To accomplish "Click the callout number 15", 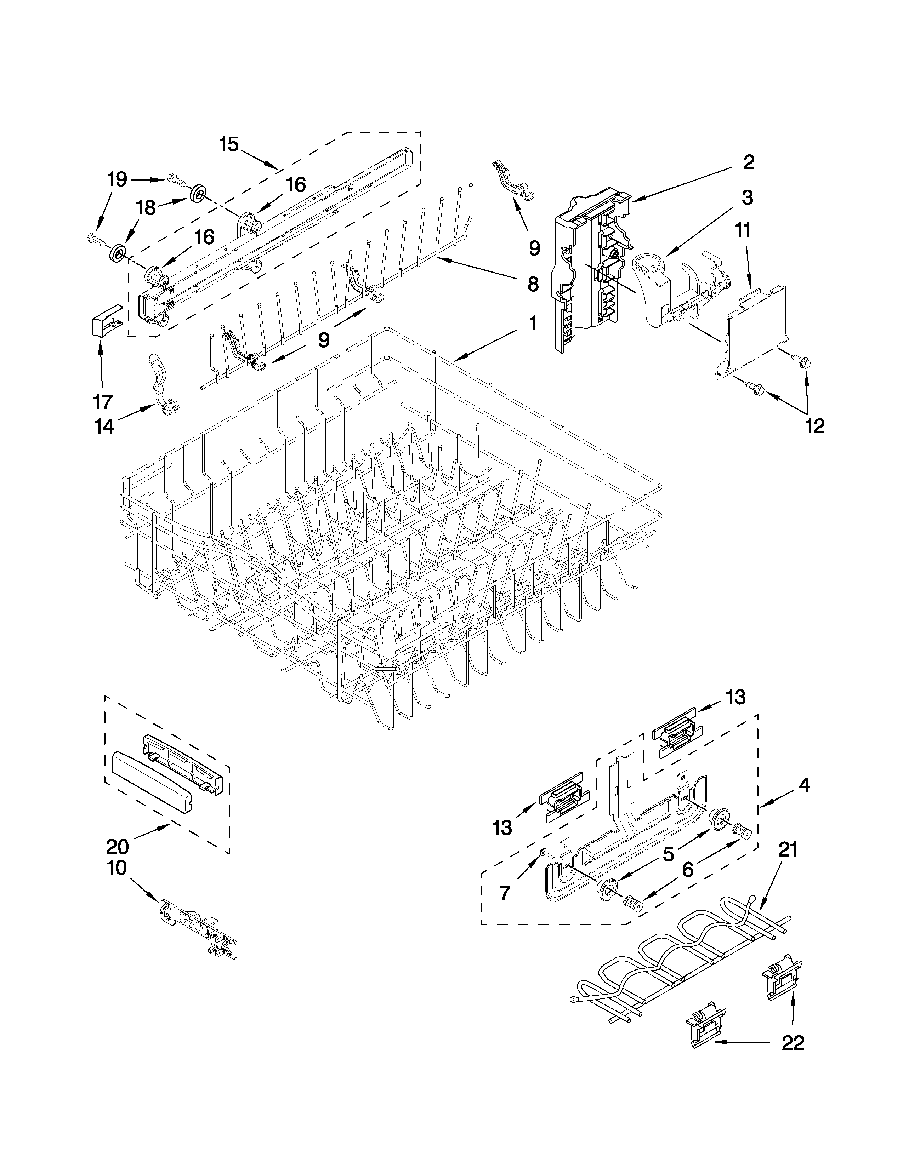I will pos(229,144).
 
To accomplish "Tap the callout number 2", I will pos(748,162).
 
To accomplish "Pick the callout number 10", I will pos(117,868).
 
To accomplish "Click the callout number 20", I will pos(117,846).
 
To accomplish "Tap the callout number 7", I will pos(505,893).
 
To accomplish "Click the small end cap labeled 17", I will pos(103,320).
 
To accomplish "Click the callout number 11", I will pos(743,230).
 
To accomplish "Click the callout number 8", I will pos(533,284).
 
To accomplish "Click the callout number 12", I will pos(815,426).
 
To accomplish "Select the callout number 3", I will pos(747,197).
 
